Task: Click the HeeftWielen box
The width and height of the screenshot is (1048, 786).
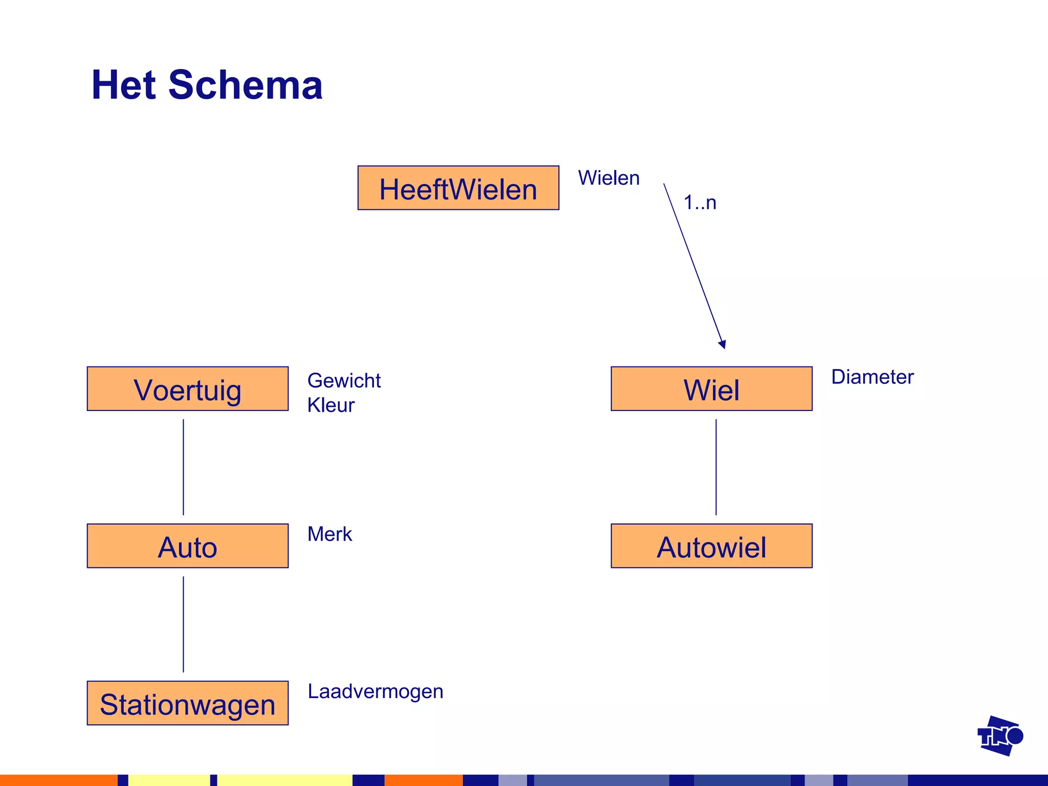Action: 458,188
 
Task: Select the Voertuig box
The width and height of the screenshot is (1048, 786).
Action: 187,389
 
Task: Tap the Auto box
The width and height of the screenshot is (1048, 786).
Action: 187,546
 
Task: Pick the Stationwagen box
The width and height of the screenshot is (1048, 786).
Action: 187,703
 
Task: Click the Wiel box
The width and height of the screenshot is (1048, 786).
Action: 711,389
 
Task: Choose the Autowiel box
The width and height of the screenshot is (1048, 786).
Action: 711,546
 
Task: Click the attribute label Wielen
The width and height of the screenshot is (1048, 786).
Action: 608,178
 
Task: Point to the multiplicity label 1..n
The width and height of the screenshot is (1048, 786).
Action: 700,203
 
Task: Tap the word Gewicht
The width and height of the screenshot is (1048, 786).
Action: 344,381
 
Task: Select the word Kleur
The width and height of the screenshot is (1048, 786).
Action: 331,405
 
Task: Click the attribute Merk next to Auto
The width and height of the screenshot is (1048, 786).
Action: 330,534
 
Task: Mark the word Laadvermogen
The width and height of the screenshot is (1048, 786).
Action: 375,691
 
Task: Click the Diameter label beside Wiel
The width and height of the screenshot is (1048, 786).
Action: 872,377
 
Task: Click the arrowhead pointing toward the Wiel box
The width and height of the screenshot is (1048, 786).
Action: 723,344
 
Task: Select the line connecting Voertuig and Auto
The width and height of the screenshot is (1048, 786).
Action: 183,467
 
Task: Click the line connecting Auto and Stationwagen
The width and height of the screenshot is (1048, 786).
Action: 183,624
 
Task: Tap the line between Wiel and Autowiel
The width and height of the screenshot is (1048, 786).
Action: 716,467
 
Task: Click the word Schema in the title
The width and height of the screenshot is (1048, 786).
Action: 245,85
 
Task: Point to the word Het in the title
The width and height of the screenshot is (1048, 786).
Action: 123,85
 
